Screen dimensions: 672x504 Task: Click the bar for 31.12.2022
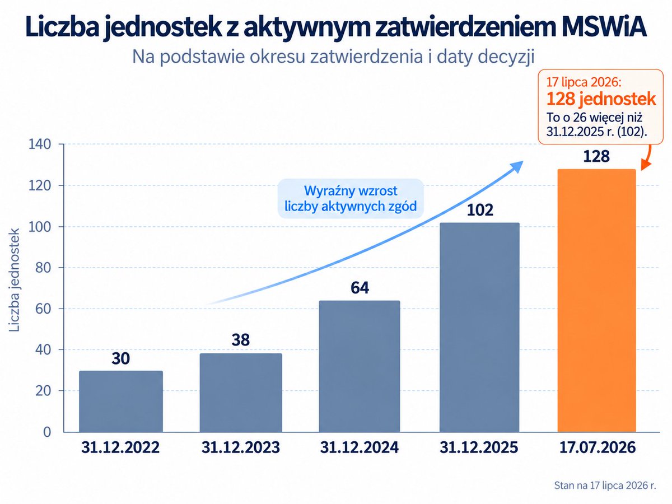[x=121, y=401]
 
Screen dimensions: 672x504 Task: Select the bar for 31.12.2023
[x=241, y=393]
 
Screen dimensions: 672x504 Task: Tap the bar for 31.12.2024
[x=360, y=366]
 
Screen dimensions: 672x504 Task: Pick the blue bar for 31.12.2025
[x=479, y=327]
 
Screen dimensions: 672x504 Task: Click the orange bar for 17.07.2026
[x=597, y=301]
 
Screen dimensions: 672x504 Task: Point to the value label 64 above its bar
[x=360, y=288]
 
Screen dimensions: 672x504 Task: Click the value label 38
[x=241, y=340]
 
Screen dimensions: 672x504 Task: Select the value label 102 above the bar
[x=480, y=210]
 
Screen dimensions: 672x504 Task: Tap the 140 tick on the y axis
[x=40, y=144]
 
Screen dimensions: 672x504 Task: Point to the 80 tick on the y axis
[x=43, y=268]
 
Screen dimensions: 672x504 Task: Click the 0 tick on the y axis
[x=47, y=432]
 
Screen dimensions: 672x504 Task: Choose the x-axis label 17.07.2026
[x=598, y=447]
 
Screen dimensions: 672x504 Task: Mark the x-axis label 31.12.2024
[x=360, y=447]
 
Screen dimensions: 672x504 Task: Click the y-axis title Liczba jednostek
[x=14, y=279]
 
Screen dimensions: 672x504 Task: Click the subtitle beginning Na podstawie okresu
[x=333, y=57]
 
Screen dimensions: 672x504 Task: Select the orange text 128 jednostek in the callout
[x=601, y=99]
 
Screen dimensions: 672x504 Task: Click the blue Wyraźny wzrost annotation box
[x=351, y=199]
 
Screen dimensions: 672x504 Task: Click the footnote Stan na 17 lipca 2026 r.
[x=605, y=486]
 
